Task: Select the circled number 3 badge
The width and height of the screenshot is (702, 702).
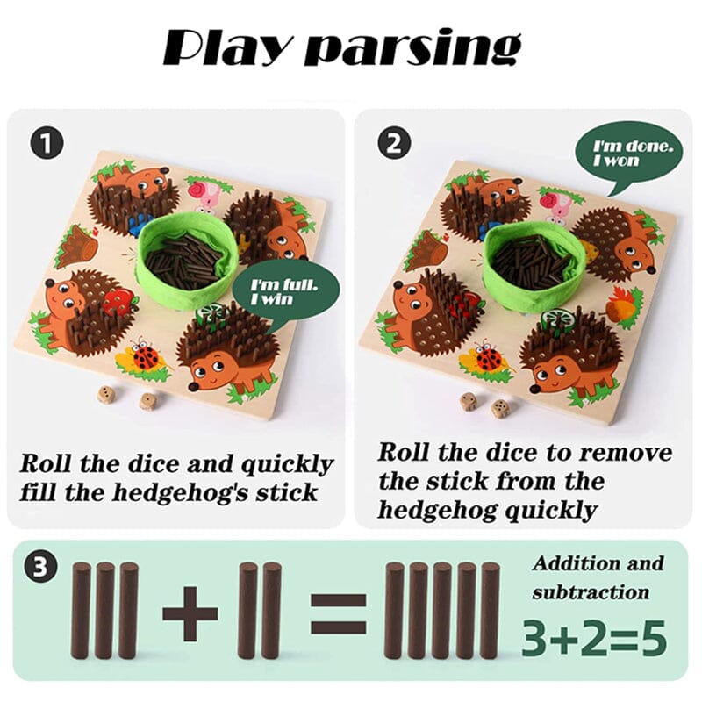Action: pyautogui.click(x=39, y=567)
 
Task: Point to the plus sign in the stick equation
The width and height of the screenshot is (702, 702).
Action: pyautogui.click(x=190, y=611)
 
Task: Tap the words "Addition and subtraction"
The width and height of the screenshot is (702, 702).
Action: pyautogui.click(x=597, y=577)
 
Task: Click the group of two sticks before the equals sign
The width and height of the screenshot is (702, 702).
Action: pyautogui.click(x=260, y=609)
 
